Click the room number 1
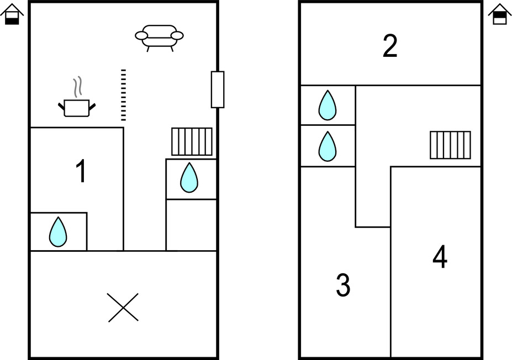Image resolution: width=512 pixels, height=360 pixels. pyautogui.click(x=81, y=172)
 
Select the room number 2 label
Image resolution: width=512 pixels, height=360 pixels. pyautogui.click(x=390, y=46)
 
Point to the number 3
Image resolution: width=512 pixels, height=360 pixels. pyautogui.click(x=343, y=285)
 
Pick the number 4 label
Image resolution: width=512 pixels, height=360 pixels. pyautogui.click(x=440, y=257)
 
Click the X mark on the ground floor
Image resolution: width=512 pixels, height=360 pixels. pyautogui.click(x=123, y=308)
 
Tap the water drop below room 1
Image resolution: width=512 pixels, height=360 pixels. pyautogui.click(x=57, y=232)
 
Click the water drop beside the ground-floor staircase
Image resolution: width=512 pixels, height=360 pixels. pyautogui.click(x=189, y=177)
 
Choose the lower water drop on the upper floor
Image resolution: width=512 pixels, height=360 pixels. pyautogui.click(x=328, y=146)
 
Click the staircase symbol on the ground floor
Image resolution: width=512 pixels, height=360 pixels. pyautogui.click(x=192, y=142)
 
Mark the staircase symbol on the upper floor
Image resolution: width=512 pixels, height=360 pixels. pyautogui.click(x=450, y=145)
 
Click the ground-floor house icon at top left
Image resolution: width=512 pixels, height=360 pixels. pyautogui.click(x=12, y=14)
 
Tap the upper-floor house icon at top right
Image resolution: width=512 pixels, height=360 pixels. pyautogui.click(x=499, y=14)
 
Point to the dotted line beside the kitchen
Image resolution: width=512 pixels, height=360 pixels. pyautogui.click(x=123, y=95)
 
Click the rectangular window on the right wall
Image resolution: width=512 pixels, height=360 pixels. pyautogui.click(x=218, y=89)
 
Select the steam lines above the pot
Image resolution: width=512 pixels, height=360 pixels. pyautogui.click(x=78, y=86)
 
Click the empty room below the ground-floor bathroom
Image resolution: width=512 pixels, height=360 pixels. pyautogui.click(x=191, y=225)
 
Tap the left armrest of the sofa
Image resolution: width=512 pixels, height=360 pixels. pyautogui.click(x=142, y=36)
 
